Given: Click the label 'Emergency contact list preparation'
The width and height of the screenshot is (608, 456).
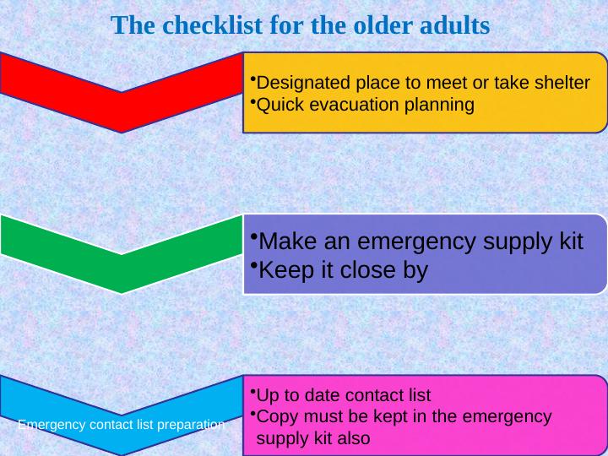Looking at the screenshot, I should pyautogui.click(x=122, y=425).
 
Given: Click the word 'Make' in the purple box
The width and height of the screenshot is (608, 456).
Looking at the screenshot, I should pyautogui.click(x=284, y=242).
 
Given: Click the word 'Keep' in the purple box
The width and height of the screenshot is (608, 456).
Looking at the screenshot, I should pyautogui.click(x=285, y=270).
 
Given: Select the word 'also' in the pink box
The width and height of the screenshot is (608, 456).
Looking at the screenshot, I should pyautogui.click(x=350, y=439).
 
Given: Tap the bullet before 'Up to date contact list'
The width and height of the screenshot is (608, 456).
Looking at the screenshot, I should pyautogui.click(x=252, y=393).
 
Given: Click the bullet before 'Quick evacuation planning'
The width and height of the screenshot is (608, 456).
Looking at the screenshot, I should pyautogui.click(x=252, y=102).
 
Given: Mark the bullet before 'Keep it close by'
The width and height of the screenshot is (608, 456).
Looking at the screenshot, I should pyautogui.click(x=253, y=266).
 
